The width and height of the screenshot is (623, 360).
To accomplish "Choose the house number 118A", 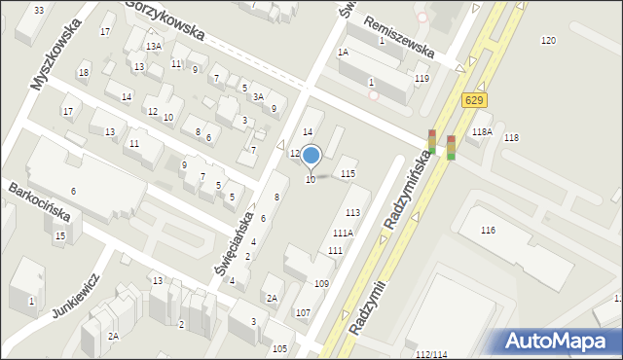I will click(x=481, y=132).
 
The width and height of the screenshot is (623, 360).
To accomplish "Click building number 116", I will click(x=488, y=231).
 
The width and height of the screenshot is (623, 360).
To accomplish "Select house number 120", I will click(x=548, y=40).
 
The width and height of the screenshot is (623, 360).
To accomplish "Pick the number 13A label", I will click(x=153, y=47).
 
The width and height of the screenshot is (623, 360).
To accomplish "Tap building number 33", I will click(x=38, y=10).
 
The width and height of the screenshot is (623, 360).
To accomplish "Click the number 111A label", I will click(x=342, y=234).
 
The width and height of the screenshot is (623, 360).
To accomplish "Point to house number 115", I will click(x=348, y=173).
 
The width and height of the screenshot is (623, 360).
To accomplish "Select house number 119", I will click(x=421, y=79).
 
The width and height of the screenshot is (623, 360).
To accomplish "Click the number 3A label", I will click(x=258, y=97).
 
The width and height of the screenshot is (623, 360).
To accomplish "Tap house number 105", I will click(x=280, y=348).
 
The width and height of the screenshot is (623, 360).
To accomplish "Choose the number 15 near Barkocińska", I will click(x=60, y=236).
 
